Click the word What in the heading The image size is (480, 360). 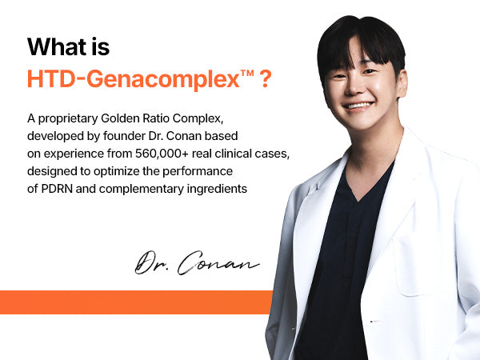(57, 47)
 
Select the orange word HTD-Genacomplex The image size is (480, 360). (134, 79)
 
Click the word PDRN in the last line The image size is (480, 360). (57, 189)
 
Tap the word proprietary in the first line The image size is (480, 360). (68, 119)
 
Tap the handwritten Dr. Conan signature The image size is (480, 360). (197, 262)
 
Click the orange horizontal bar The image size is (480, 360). (136, 302)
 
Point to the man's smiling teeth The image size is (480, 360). (358, 106)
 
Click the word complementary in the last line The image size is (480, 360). (141, 190)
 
